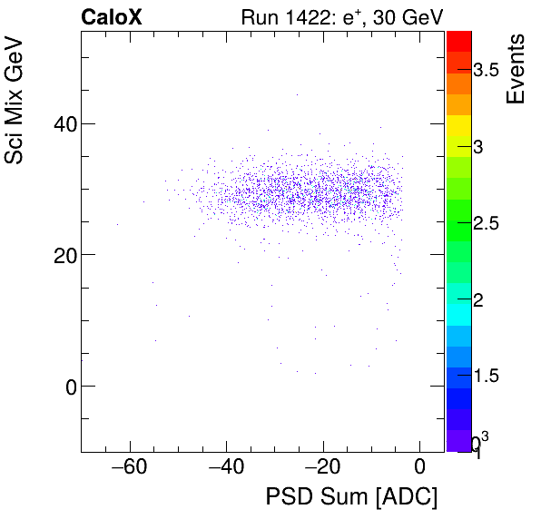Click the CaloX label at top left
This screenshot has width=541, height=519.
[112, 16]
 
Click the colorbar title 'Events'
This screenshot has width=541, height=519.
[516, 68]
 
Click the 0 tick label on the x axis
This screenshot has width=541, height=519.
[419, 467]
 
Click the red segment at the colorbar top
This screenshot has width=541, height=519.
[459, 40]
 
